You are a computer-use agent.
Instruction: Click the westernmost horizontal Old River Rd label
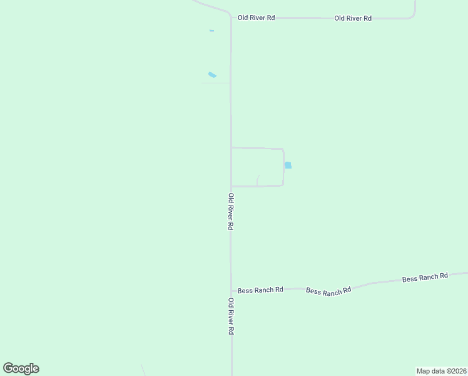coord(257,18)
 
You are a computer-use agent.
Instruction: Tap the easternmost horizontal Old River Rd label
coord(353,18)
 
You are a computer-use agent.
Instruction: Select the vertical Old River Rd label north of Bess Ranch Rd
coord(230,211)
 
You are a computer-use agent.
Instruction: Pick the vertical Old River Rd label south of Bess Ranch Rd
coord(230,316)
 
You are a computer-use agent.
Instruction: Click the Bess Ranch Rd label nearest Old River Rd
coord(261,290)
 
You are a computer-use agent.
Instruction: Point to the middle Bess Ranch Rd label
coord(328,291)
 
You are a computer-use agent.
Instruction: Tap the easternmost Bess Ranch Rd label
coord(425,276)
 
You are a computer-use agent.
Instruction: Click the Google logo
coord(21,368)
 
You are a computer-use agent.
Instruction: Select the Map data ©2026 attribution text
coord(442,371)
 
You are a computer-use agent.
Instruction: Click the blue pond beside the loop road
coord(288,165)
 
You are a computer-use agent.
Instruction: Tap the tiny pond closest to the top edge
coord(211,30)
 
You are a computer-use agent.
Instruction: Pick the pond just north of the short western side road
coord(212,75)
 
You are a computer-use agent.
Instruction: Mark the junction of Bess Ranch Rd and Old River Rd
coord(231,291)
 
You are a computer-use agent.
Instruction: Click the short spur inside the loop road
coord(258,180)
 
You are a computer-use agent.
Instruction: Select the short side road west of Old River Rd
coord(216,83)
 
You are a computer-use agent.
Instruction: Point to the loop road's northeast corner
coord(283,149)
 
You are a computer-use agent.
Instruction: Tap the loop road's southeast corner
coord(283,185)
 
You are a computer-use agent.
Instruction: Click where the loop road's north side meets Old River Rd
coord(231,148)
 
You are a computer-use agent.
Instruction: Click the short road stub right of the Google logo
coord(143,370)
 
